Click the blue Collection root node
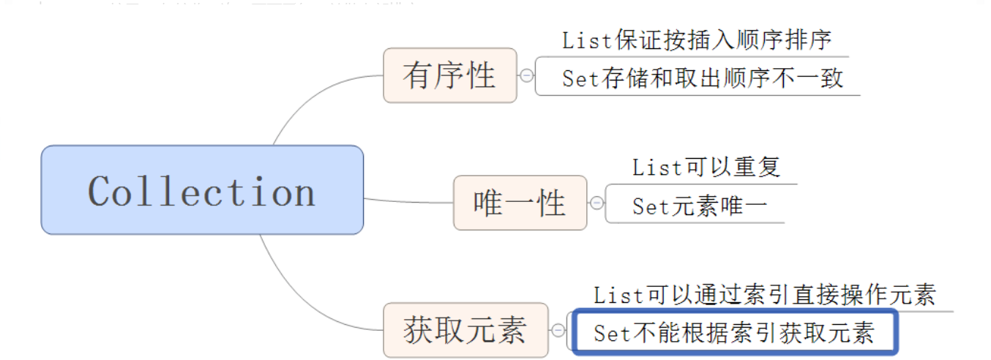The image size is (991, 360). pos(201,190)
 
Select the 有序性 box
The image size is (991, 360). pos(449,75)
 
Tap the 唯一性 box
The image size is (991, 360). pos(520,203)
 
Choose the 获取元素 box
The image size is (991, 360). pos(465,330)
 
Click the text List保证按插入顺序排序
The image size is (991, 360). pos(697,40)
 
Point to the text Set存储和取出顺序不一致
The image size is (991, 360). pos(703,78)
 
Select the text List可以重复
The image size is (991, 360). pos(706,167)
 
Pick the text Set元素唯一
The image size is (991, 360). pos(700,206)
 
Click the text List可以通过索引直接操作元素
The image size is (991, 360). pos(764,295)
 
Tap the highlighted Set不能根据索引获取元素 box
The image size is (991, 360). pos(734,334)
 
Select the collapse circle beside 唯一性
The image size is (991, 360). pos(597,203)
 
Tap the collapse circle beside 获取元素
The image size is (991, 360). pos(558,331)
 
